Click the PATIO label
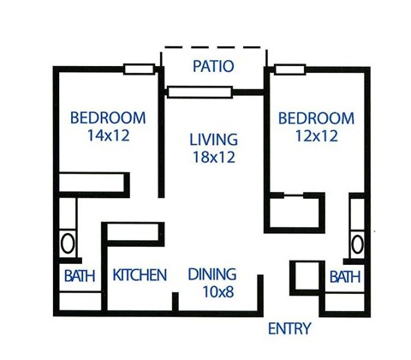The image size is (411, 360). coord(213,66)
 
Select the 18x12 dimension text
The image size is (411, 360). coord(213,158)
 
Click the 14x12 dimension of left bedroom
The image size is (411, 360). coord(108,135)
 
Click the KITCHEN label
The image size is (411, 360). coord(140,275)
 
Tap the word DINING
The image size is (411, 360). coord(213,275)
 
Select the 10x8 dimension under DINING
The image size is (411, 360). coord(213,293)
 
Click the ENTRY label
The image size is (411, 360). coord(289,328)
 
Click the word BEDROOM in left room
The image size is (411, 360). coord(108,118)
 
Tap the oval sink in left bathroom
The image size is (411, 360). coord(68,243)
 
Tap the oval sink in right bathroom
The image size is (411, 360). coord(357,243)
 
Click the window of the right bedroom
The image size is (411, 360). coord(289,69)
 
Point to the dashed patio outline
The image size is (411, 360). coord(213,46)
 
